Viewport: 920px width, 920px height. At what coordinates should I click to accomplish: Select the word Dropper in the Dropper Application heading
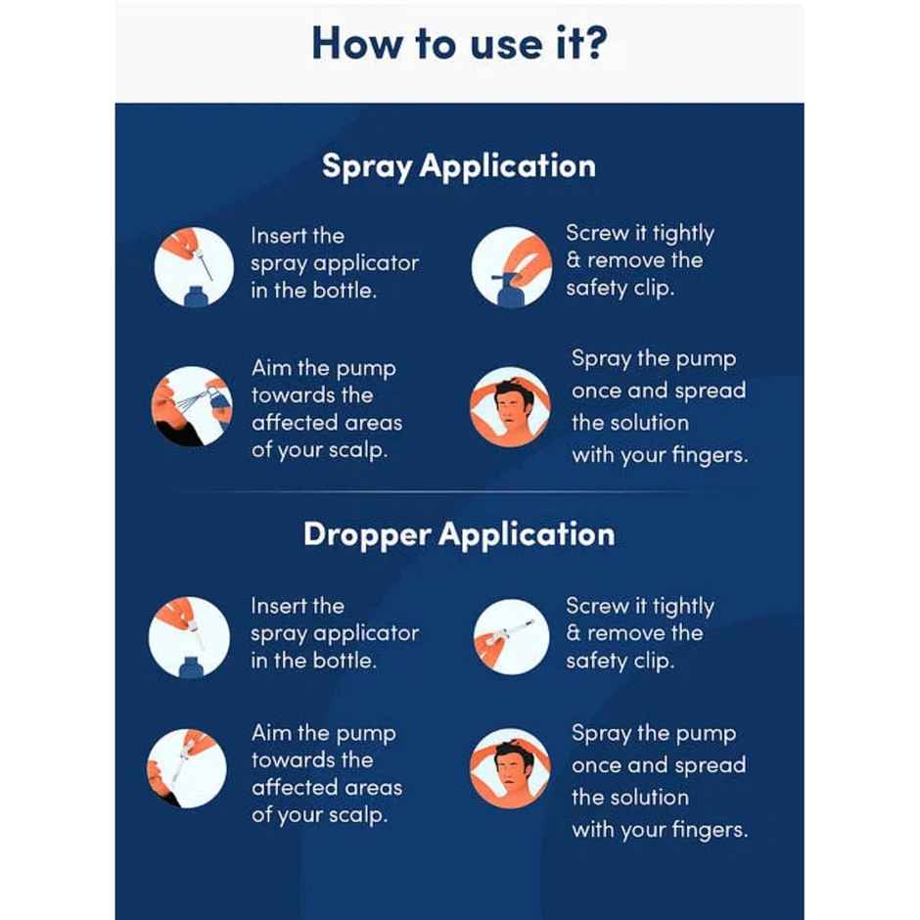[x=366, y=535]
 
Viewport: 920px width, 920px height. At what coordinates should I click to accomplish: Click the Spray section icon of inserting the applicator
[x=193, y=267]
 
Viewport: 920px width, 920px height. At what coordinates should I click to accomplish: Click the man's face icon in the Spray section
[x=510, y=406]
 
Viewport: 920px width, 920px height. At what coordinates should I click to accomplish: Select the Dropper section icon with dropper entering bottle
[x=189, y=636]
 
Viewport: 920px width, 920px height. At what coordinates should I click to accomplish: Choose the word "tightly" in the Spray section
[x=684, y=234]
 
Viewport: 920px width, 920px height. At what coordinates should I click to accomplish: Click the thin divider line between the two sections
[x=459, y=491]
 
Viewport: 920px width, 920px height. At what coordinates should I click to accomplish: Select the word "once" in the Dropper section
[x=594, y=765]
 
